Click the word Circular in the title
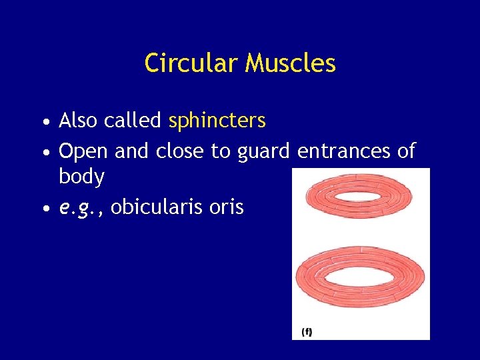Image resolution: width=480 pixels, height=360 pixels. (x=191, y=63)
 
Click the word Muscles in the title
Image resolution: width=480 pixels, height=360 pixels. (x=290, y=63)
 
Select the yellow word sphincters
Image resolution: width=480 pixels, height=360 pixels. (x=217, y=121)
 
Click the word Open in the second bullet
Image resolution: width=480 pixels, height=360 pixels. (x=83, y=151)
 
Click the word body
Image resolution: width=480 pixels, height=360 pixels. (x=81, y=177)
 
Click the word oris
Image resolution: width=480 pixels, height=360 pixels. (x=226, y=207)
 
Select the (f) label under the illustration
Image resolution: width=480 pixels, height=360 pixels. (x=307, y=331)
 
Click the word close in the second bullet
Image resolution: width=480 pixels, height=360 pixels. (x=180, y=151)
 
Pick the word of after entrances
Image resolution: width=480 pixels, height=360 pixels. (x=406, y=151)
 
